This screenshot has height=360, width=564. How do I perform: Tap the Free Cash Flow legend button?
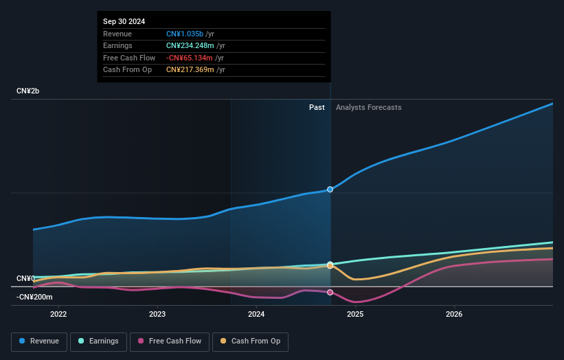point(170,341)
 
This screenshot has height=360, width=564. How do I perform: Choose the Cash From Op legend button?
point(250,341)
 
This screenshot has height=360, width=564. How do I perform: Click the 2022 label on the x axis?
point(58,315)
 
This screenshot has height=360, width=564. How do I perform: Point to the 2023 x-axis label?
point(157,315)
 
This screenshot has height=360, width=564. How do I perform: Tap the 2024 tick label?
point(256,315)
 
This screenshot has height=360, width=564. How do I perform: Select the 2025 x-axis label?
point(355,315)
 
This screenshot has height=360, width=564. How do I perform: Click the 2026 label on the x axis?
point(454,315)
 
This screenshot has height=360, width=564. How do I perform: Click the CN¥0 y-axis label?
point(25,278)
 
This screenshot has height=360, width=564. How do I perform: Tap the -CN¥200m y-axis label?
point(34,297)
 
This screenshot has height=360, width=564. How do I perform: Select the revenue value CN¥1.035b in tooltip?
point(185,34)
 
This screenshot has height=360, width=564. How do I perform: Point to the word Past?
point(317,107)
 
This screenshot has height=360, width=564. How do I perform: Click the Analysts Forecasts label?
point(368,107)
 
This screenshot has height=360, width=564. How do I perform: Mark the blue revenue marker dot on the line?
point(330,189)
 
